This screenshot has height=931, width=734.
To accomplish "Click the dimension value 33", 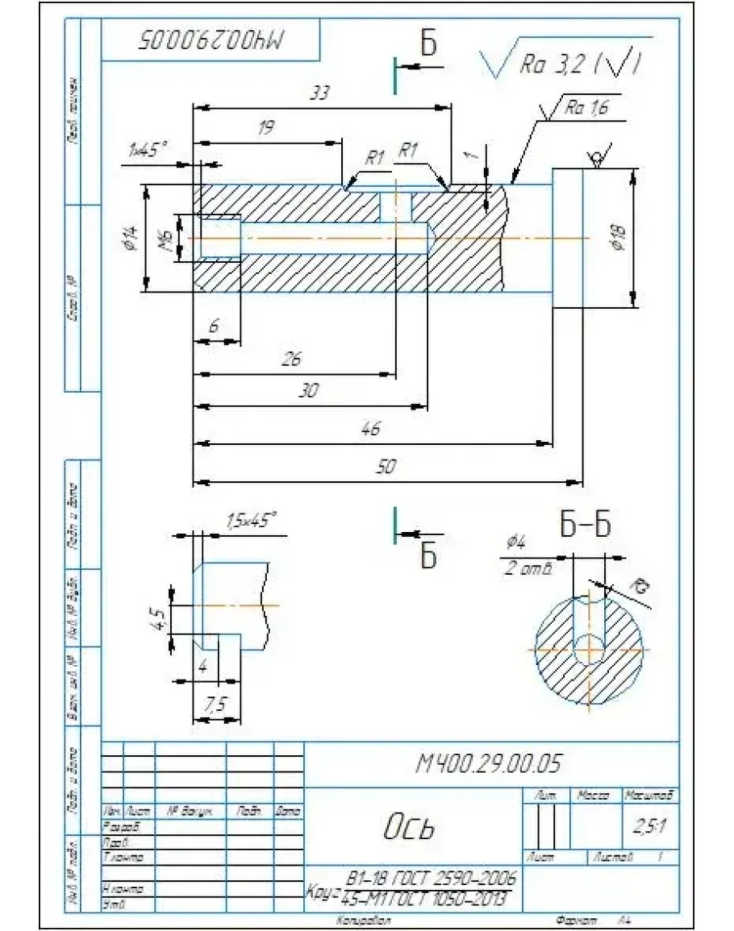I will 320,94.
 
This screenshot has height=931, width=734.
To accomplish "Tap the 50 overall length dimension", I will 386,468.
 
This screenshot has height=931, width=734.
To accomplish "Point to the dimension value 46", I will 370,429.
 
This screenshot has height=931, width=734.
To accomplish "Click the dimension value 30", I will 308,390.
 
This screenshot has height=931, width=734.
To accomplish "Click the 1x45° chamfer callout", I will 147,149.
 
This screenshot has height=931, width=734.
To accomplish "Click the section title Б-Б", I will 585,525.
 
